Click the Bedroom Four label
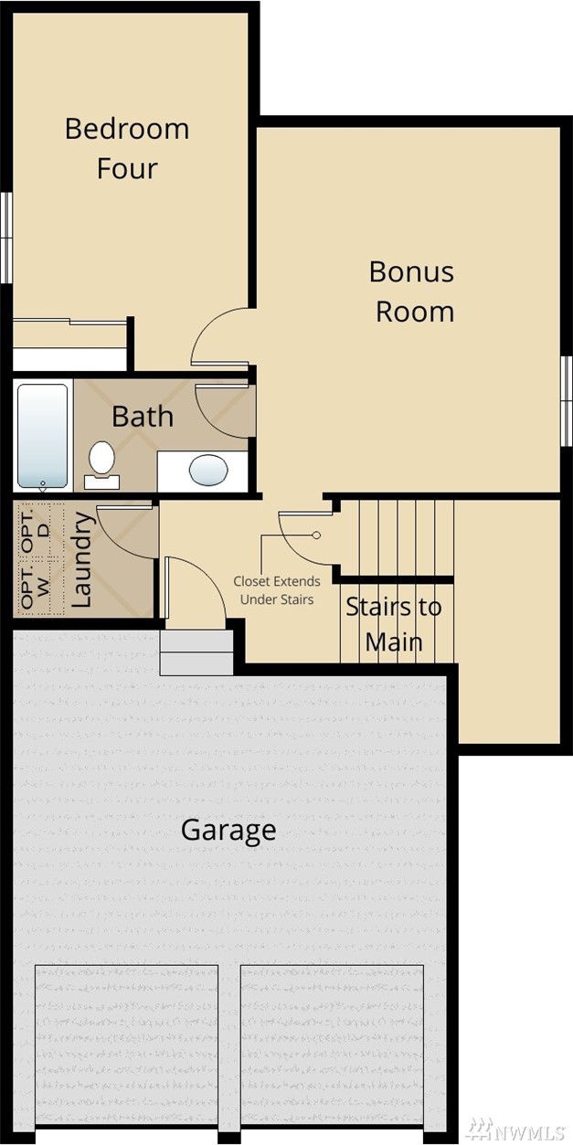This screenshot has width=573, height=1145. [x=127, y=148]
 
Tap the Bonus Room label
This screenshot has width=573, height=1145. [x=412, y=292]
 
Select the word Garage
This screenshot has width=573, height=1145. [x=228, y=831]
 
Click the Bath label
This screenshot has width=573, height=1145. [x=143, y=416]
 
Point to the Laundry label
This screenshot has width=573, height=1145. [x=81, y=560]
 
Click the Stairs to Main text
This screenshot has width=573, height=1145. [x=394, y=624]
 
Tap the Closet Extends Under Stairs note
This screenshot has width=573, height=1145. [x=277, y=590]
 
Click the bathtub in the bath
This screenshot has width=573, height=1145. [x=42, y=436]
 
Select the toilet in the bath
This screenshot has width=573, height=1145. [x=101, y=464]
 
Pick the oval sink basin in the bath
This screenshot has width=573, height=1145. [x=208, y=470]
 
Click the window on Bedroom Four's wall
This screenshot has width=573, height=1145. [x=5, y=238]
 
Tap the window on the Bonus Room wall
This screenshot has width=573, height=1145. [x=567, y=401]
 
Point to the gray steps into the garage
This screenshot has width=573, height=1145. [x=196, y=652]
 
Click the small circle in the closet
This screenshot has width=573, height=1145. [x=316, y=535]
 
